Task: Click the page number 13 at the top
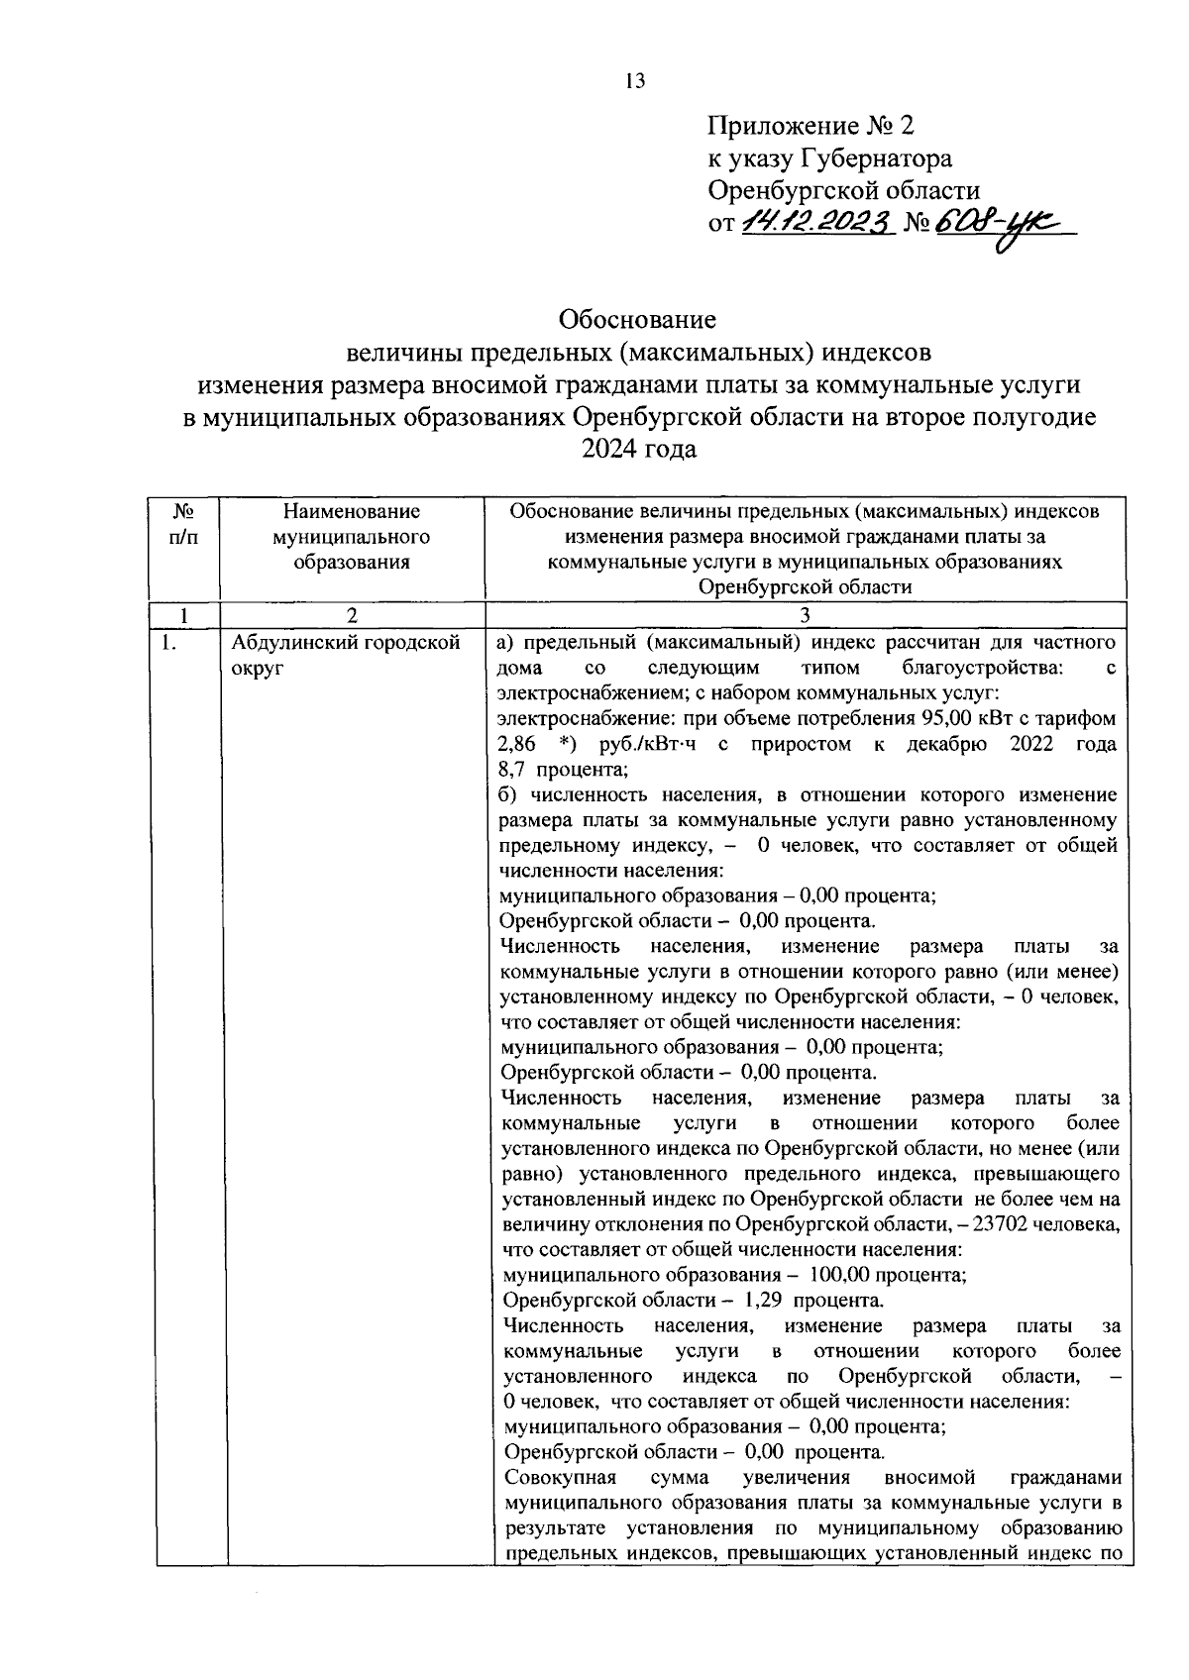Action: click(635, 81)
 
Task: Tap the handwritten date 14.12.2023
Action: click(818, 223)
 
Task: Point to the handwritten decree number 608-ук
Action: click(1001, 225)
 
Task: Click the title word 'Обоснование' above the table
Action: click(637, 320)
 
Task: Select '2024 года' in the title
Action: click(639, 449)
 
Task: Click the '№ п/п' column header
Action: click(181, 524)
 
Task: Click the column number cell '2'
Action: click(352, 615)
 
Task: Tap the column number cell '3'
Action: click(805, 615)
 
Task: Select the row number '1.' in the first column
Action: click(169, 643)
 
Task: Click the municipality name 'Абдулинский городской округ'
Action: click(347, 655)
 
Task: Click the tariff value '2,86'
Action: click(516, 744)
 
